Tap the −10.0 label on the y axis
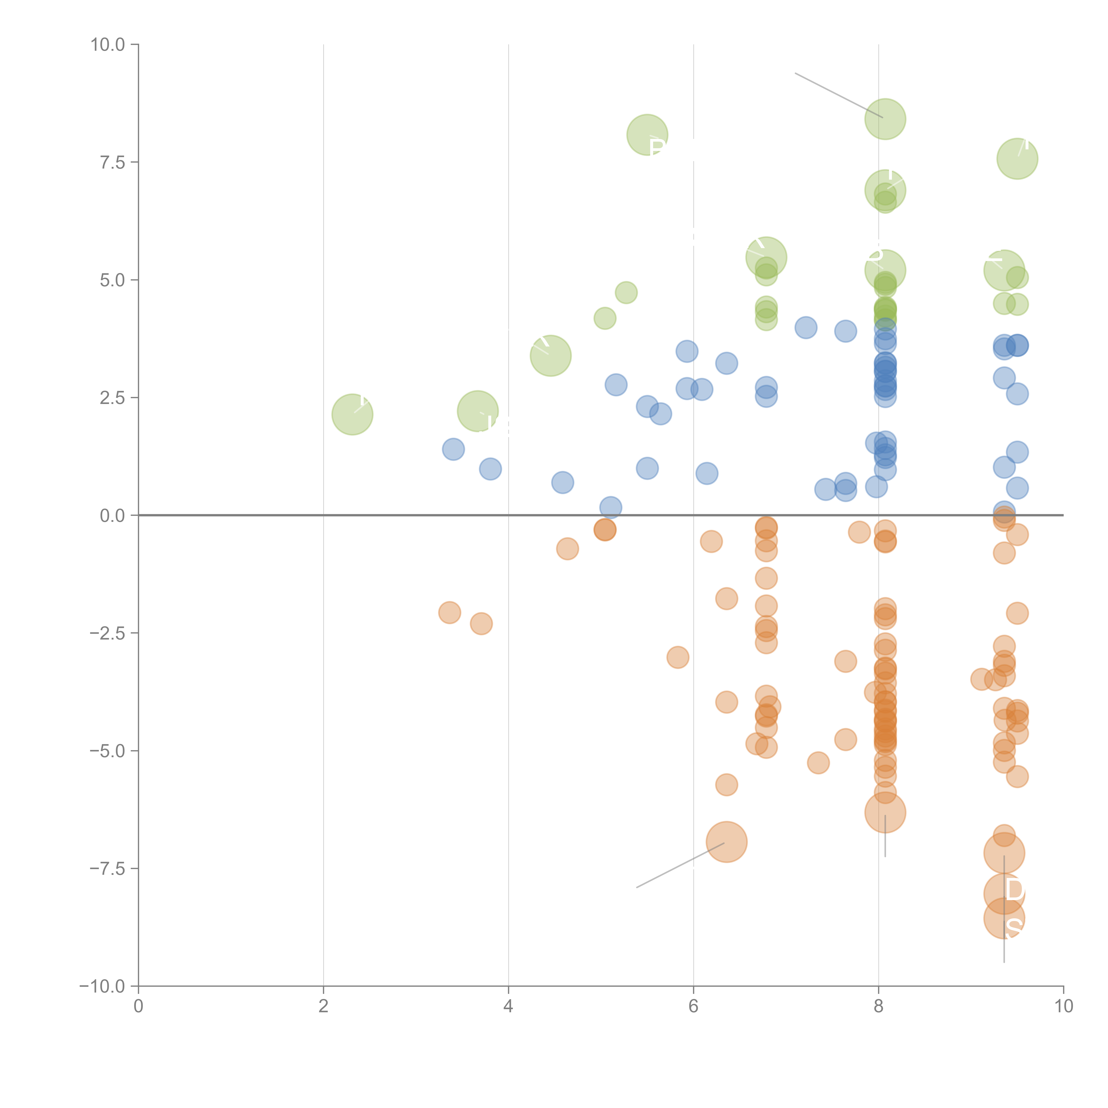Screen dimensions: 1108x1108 [x=102, y=986]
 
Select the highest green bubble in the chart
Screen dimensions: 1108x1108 [x=885, y=119]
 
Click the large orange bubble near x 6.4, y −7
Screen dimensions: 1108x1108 [x=726, y=841]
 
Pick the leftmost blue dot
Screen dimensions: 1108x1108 [x=453, y=449]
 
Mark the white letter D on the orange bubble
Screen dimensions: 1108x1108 [x=1014, y=890]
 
